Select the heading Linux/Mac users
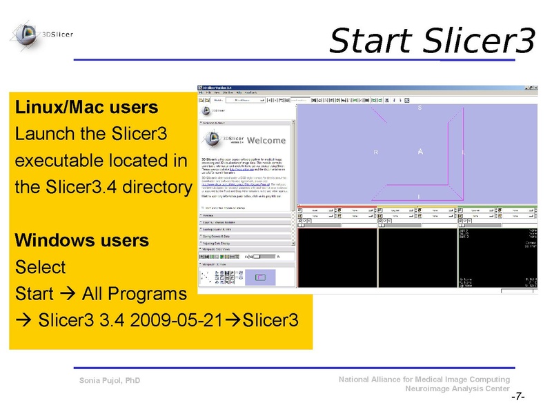coord(86,108)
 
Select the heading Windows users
coord(81,241)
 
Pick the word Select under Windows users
coord(40,267)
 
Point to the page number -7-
coord(517,397)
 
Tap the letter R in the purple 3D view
coord(375,152)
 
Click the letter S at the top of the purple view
coord(420,108)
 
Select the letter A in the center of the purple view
coord(420,151)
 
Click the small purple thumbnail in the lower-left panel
coord(259,277)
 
